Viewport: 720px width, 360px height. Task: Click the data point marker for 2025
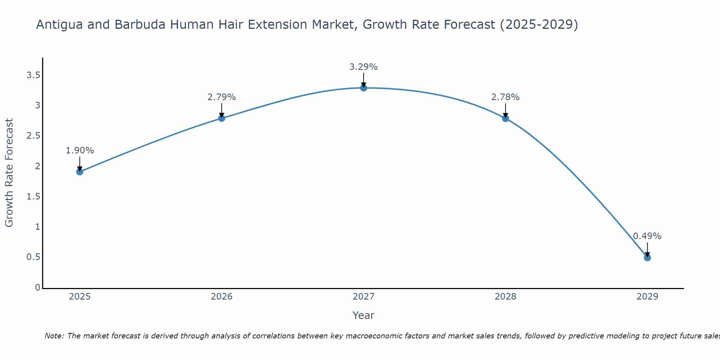pos(80,172)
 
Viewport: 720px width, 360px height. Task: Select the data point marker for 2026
pos(221,118)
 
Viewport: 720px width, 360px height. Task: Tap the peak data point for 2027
pos(363,88)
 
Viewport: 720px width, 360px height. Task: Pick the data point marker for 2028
pos(505,118)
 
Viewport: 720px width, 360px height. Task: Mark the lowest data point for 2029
pos(647,257)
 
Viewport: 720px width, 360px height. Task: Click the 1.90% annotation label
pos(80,150)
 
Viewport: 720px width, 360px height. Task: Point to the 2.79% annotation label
pos(221,97)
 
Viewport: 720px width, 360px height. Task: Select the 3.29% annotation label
pos(363,67)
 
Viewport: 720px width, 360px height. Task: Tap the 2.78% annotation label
pos(505,97)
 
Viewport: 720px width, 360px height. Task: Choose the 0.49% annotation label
pos(647,236)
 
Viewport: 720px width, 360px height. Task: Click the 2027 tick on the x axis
pos(363,297)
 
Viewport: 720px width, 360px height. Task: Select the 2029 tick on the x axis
pos(647,297)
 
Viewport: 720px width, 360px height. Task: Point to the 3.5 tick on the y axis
pos(33,75)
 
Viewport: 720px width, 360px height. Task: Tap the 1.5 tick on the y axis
pos(33,197)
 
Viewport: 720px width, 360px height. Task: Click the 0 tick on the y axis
pos(37,287)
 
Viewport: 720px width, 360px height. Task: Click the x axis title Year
pos(363,315)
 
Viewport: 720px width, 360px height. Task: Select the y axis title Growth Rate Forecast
pos(9,173)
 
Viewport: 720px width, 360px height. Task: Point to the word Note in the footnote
pos(54,336)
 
